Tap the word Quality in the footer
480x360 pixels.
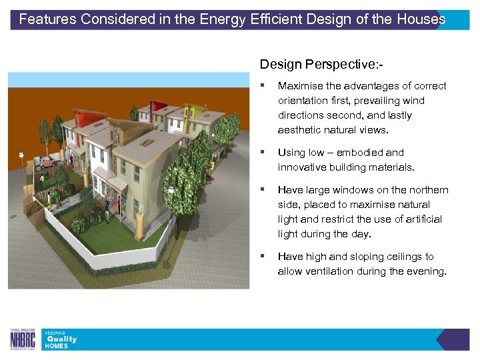(x=61, y=339)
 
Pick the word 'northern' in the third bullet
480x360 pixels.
(x=427, y=190)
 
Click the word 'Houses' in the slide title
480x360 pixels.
(x=421, y=19)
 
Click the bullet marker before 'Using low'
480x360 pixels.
(x=264, y=153)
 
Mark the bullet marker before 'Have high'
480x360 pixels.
(x=264, y=257)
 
